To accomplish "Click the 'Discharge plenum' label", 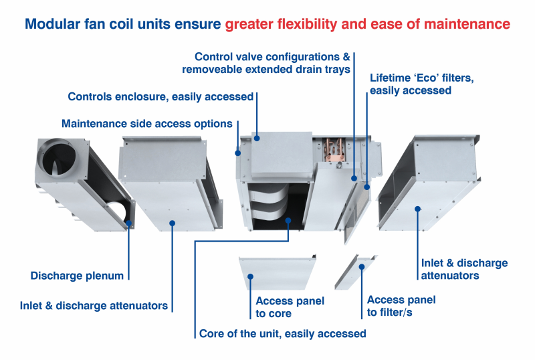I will click(77, 275).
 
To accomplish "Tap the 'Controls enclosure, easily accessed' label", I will click(160, 97).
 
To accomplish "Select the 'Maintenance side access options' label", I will click(146, 124).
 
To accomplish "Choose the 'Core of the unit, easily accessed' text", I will click(282, 333).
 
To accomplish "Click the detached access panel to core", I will click(276, 271).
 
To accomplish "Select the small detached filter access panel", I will click(358, 271).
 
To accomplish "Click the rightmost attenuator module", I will click(428, 187).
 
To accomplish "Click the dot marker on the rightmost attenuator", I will click(418, 209).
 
